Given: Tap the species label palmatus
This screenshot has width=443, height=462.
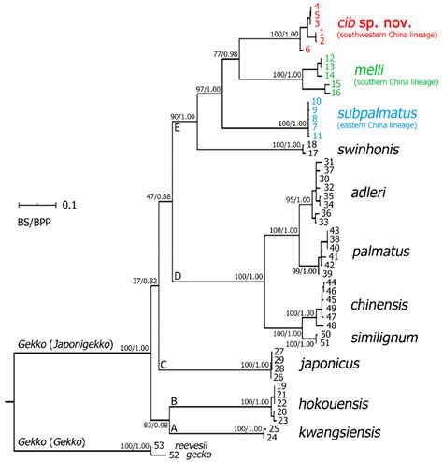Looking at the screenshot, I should click(380, 252).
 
